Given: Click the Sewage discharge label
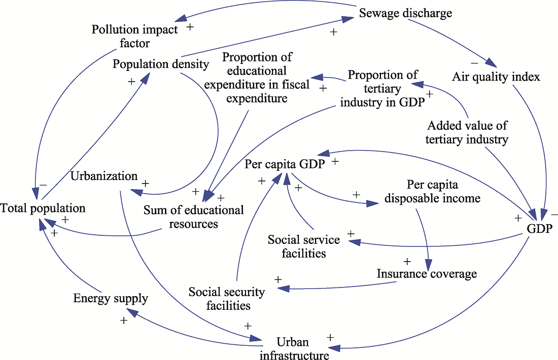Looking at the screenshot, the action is click(x=405, y=13).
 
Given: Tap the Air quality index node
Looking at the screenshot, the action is click(x=496, y=77).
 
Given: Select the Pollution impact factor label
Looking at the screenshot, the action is click(x=134, y=36).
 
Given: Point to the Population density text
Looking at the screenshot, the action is click(x=161, y=64).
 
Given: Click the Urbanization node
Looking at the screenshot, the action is click(x=104, y=176).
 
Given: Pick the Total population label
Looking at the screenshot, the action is click(x=43, y=208).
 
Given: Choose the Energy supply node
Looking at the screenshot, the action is click(x=111, y=298).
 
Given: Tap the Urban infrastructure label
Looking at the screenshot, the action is click(x=294, y=349).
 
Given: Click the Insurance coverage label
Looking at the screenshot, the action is click(x=427, y=274).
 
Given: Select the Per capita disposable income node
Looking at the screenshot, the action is click(x=432, y=191).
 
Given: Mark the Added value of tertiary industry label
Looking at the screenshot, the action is click(x=467, y=132).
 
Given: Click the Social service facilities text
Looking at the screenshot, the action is click(x=304, y=246).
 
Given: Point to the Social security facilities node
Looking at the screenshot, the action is click(x=227, y=299).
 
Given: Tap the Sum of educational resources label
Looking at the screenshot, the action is click(x=194, y=217).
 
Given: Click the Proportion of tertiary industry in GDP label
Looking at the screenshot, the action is click(x=382, y=89).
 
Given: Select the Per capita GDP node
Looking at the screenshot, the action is click(x=285, y=164).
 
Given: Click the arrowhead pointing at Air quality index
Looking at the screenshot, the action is click(x=491, y=62).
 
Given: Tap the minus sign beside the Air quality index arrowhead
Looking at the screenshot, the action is click(x=474, y=63).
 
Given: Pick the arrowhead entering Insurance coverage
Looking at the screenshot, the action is click(x=429, y=265).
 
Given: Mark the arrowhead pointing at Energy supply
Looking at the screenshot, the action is click(x=132, y=312).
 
